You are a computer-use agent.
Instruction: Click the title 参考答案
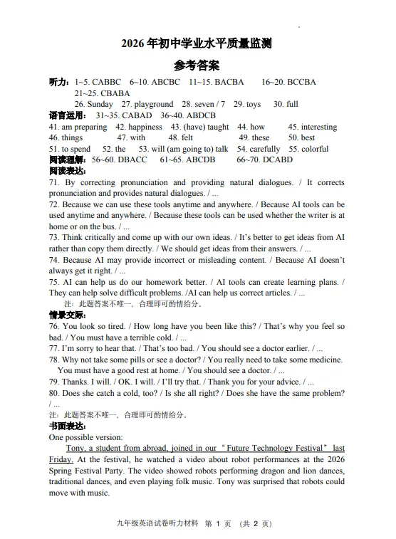pyautogui.click(x=197, y=66)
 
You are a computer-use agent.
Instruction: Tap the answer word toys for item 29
pyautogui.click(x=253, y=104)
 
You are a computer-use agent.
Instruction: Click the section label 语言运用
pyautogui.click(x=67, y=115)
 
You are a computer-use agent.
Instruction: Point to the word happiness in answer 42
pyautogui.click(x=145, y=127)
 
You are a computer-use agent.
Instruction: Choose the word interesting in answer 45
pyautogui.click(x=319, y=127)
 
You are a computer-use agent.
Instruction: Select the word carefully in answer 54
pyautogui.click(x=265, y=149)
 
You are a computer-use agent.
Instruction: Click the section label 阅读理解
pyautogui.click(x=67, y=160)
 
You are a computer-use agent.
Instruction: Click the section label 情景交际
pyautogui.click(x=67, y=315)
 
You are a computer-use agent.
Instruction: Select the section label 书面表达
pyautogui.click(x=67, y=426)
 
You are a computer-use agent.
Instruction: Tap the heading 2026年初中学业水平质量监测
pyautogui.click(x=197, y=44)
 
